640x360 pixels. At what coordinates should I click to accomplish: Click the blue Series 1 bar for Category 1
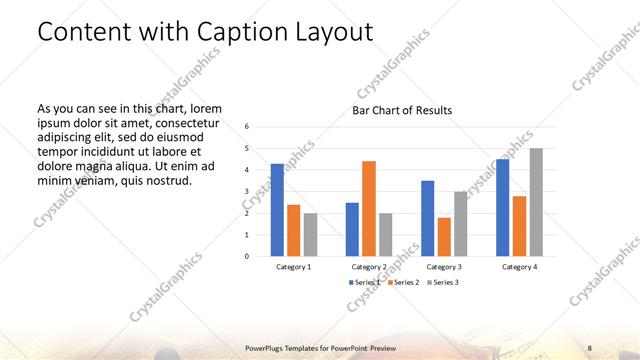277,209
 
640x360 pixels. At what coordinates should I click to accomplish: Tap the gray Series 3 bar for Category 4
536,202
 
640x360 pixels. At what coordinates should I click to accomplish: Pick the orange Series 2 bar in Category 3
444,236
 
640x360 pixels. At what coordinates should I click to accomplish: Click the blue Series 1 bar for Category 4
502,207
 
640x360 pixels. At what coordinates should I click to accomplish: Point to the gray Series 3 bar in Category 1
311,234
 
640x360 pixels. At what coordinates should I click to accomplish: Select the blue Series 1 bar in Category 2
352,229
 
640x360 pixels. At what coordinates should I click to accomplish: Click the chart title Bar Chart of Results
402,110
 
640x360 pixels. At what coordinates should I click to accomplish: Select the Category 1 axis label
294,267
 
